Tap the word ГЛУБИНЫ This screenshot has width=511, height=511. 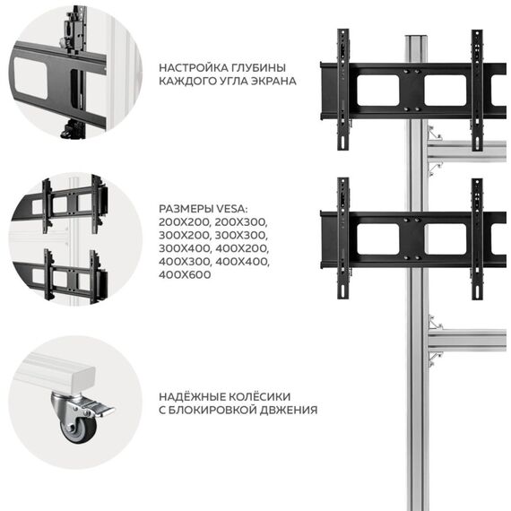click(x=259, y=68)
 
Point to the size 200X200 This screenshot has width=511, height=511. click(x=185, y=222)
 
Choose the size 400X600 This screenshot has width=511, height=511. click(x=185, y=274)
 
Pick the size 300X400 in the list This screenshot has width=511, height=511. click(x=185, y=248)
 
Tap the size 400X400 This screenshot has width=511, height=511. click(x=242, y=262)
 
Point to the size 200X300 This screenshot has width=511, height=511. click(x=241, y=222)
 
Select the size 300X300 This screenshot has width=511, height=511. click(x=241, y=235)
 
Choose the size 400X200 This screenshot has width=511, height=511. click(x=242, y=248)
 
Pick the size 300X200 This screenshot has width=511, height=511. click(x=185, y=235)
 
